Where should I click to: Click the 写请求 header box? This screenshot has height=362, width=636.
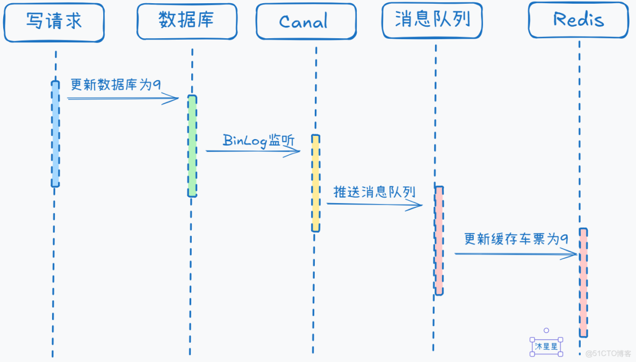coord(54,22)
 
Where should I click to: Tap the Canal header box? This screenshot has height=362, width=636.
coord(306,22)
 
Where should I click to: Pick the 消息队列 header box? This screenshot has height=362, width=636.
coord(432,20)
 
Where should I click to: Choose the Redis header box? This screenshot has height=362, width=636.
coord(578,20)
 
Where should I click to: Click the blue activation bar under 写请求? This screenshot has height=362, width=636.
coord(55,134)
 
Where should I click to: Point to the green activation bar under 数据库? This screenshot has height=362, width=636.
coord(192,146)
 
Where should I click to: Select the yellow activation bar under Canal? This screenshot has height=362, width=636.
coord(315,183)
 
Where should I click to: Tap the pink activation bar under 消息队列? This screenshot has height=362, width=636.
coord(439,240)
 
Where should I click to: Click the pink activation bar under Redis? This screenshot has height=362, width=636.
coord(583,283)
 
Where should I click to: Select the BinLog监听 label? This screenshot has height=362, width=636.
coord(258,141)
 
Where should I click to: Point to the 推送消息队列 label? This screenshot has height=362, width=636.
coord(374,192)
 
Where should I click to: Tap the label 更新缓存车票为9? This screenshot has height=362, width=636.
coord(516,239)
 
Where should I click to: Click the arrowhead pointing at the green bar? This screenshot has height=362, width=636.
coord(173,98)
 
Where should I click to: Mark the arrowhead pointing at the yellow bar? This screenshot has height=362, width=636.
coord(295,151)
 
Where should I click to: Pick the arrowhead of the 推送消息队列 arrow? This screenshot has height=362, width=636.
coord(417,205)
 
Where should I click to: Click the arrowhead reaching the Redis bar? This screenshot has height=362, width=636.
coord(570,255)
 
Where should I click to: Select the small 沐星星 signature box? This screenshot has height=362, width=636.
coord(546,347)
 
